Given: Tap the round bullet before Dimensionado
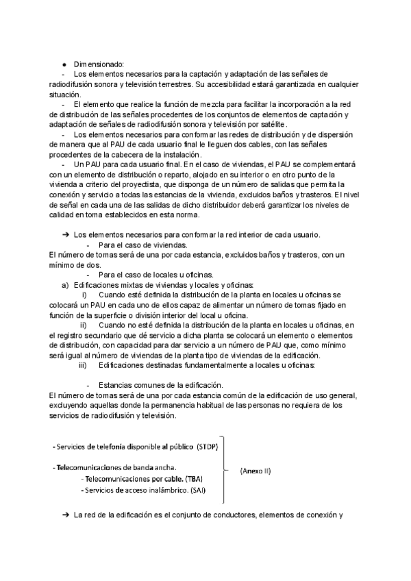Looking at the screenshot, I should (64, 64).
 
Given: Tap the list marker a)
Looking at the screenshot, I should (66, 285).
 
